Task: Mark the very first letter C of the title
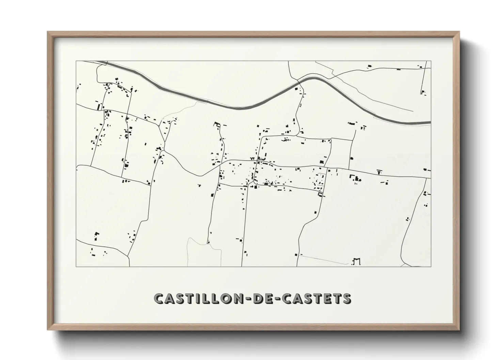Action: (x=159, y=298)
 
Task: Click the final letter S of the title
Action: (x=346, y=298)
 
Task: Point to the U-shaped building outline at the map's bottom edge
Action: (x=356, y=262)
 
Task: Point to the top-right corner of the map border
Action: (x=431, y=61)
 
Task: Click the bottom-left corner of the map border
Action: (x=76, y=266)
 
